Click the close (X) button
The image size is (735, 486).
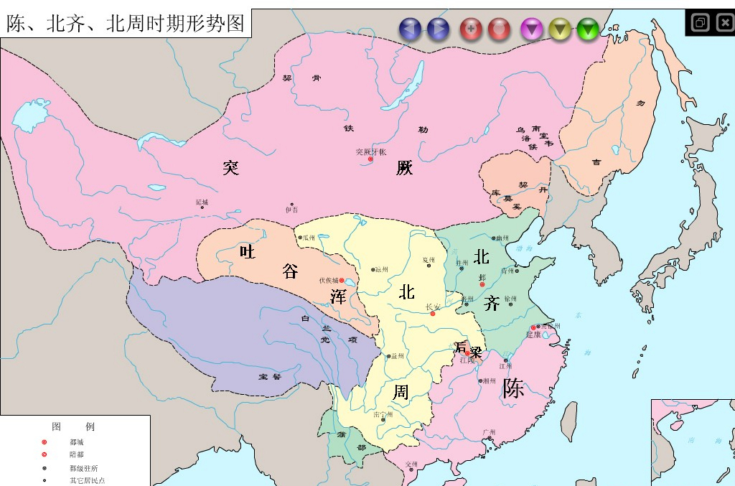point(724,23)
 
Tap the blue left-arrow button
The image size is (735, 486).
point(413,29)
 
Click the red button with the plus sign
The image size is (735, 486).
point(471,29)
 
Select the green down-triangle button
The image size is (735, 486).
point(588,29)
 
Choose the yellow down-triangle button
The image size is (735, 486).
point(560,29)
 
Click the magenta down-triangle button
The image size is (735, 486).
point(532,29)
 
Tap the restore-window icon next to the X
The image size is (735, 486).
point(700,23)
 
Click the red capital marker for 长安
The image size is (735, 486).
point(432,314)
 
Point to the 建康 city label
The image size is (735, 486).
point(533,335)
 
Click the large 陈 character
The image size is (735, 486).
point(513,388)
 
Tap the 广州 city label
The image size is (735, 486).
point(490,432)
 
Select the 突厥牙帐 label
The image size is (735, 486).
point(370,151)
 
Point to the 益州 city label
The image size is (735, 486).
point(397,355)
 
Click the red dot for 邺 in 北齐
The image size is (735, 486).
point(482,284)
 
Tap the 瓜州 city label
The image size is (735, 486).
point(309,238)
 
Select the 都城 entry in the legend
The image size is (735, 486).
point(76,441)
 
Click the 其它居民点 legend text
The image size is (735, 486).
point(86,480)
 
